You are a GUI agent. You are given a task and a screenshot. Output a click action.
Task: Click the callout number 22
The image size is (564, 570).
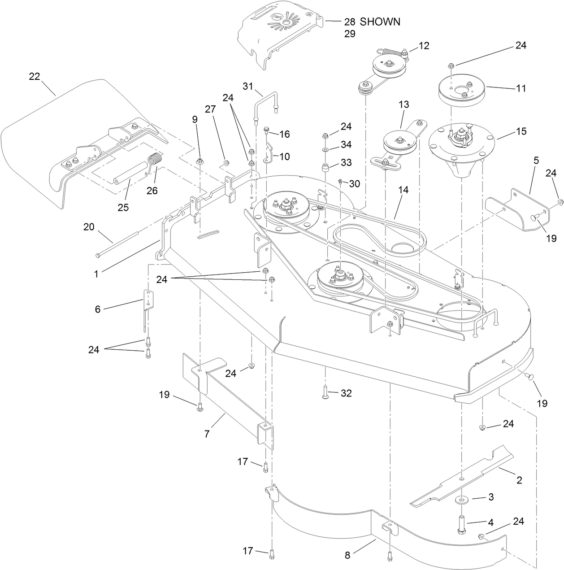(x=35, y=77)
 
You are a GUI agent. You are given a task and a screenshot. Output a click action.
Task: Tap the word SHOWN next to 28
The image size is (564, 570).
(x=380, y=22)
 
